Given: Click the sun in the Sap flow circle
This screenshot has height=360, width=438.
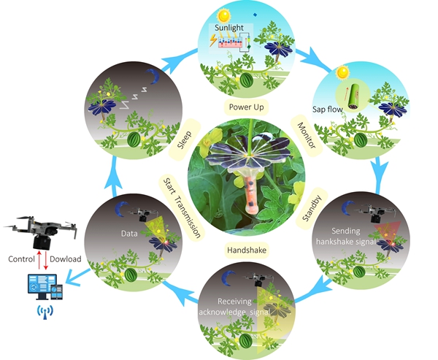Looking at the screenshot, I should [341, 74].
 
